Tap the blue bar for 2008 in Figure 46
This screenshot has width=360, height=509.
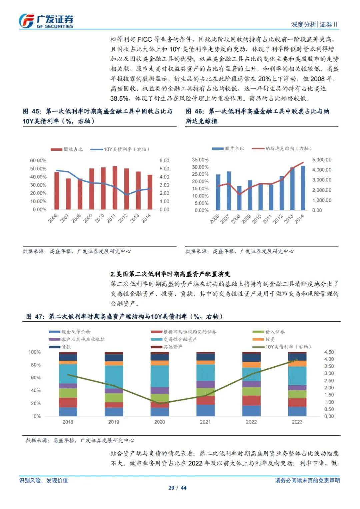pos(239,198)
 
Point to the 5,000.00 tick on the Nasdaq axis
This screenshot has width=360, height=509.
pos(322,160)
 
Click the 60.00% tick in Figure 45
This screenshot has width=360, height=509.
pos(38,161)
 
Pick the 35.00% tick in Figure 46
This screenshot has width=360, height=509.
pos(200,160)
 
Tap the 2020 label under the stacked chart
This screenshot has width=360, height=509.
pos(159,422)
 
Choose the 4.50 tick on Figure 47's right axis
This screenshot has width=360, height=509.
pos(329,352)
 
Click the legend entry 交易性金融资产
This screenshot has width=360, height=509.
pos(180,339)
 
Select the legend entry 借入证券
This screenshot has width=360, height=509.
pos(275,332)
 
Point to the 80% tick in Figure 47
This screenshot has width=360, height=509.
pos(36,365)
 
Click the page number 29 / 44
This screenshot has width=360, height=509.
pos(177,488)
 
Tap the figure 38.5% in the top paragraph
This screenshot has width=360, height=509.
pos(119,99)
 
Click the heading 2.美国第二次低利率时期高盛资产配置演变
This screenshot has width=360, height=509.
pos(170,274)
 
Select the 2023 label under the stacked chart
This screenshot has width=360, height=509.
pos(297,422)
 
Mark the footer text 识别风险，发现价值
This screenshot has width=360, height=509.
pos(44,480)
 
